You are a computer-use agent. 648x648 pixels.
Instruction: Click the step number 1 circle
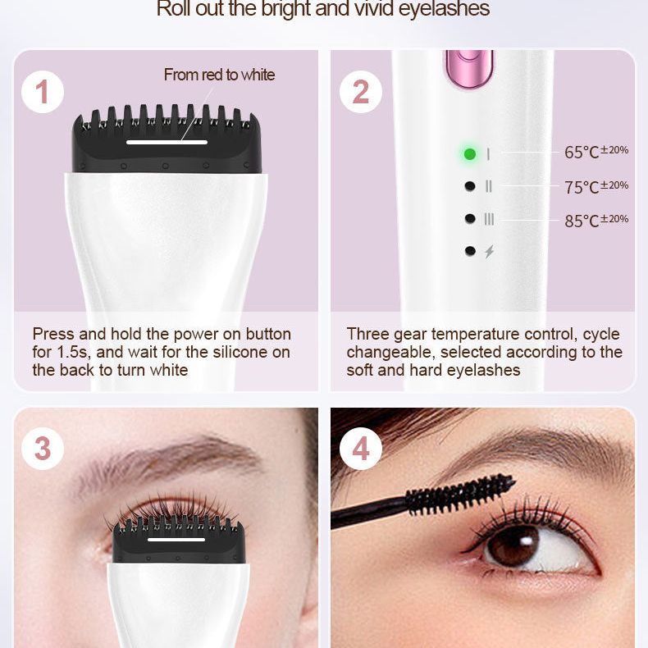(x=43, y=92)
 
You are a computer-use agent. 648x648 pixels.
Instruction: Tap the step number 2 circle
(x=360, y=92)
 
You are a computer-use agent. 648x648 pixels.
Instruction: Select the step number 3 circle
(x=43, y=449)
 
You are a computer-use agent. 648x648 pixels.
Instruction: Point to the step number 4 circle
(x=360, y=449)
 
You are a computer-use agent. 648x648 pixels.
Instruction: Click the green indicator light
(x=470, y=153)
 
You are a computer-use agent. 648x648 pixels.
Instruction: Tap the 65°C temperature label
(x=596, y=152)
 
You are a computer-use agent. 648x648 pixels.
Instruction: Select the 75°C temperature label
(x=596, y=187)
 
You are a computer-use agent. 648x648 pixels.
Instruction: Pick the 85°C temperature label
(x=596, y=221)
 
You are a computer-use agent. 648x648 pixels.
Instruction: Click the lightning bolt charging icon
(x=490, y=251)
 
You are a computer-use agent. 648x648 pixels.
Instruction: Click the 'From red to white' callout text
(x=219, y=75)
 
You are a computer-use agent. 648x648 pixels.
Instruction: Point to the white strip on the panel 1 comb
(x=167, y=142)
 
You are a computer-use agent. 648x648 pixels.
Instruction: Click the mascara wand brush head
(x=460, y=495)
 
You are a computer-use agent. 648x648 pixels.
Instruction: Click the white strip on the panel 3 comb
(x=176, y=540)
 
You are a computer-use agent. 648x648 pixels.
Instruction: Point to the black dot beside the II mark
(x=470, y=186)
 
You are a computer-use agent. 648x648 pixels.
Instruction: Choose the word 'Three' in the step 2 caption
(x=367, y=334)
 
